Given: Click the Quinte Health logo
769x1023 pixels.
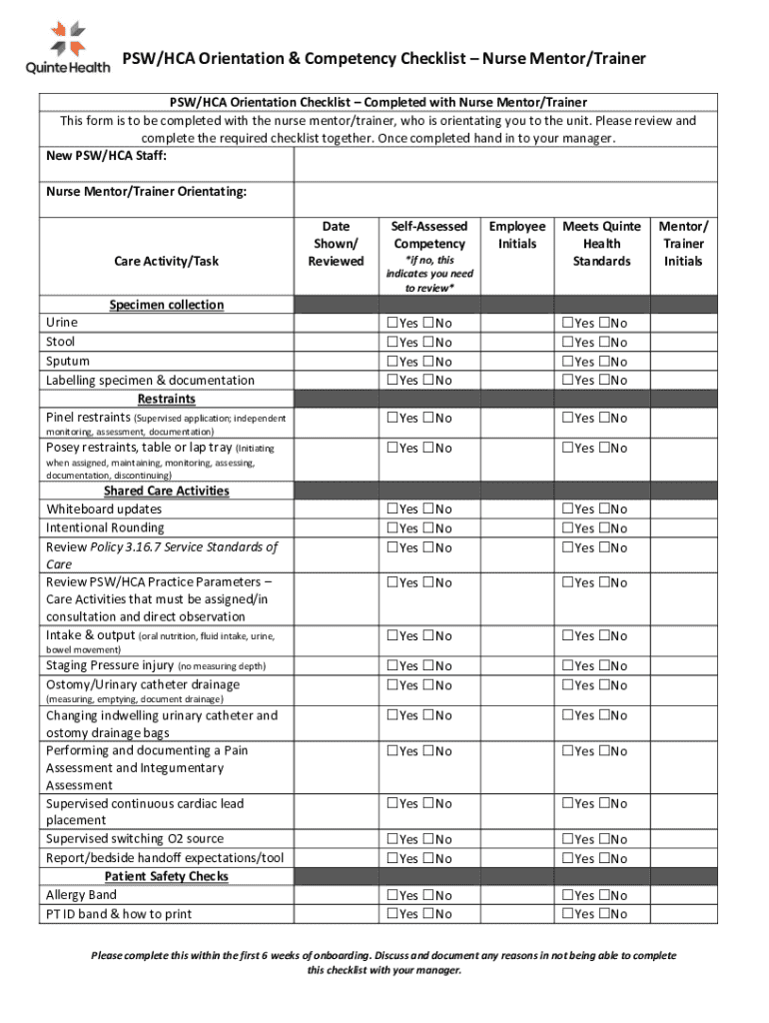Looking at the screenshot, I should [68, 45].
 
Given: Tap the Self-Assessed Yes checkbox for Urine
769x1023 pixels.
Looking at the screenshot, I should [391, 324].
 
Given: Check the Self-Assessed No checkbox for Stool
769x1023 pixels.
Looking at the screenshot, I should [427, 343].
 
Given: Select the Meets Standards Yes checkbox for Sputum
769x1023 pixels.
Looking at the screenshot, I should [567, 362].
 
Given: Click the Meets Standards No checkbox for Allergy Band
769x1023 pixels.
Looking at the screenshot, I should [603, 896].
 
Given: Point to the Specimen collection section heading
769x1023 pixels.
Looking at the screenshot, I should [167, 305].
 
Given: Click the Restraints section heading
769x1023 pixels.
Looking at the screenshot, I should [167, 399].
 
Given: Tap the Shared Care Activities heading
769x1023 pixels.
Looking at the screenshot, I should [167, 491].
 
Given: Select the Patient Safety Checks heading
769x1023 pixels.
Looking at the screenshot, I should [167, 876].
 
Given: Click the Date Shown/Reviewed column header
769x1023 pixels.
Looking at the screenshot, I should [336, 244].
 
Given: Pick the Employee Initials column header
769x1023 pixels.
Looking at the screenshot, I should [516, 235].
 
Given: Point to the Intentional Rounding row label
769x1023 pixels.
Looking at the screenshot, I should [105, 527].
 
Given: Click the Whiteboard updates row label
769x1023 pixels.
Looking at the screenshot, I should [104, 510].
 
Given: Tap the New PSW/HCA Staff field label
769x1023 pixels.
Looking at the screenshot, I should [106, 156].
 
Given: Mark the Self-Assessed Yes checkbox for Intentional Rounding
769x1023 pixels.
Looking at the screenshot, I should [391, 528].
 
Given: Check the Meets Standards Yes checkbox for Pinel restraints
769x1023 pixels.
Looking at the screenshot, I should [567, 419].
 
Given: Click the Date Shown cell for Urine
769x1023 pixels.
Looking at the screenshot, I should [336, 324].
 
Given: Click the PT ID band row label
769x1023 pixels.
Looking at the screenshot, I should [119, 914].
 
